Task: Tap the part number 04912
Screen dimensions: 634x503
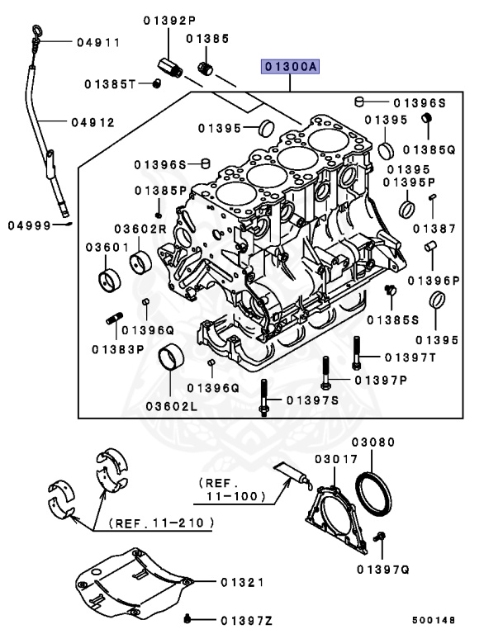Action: (x=92, y=122)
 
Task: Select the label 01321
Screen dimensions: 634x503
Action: (x=241, y=582)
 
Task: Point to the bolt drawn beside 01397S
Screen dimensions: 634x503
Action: (x=263, y=399)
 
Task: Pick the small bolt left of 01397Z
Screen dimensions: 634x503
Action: (x=189, y=617)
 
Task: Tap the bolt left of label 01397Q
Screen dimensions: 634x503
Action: (x=379, y=538)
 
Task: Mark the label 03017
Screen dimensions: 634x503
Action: (x=335, y=458)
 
